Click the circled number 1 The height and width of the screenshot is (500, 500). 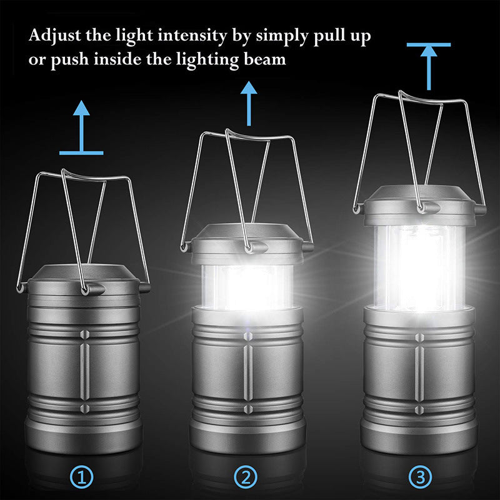[83, 478]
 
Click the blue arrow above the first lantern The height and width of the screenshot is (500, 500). [81, 128]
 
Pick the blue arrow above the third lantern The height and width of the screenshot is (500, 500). [428, 66]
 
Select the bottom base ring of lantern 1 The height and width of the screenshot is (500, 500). [83, 437]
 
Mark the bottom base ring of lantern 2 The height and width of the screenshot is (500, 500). [248, 436]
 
